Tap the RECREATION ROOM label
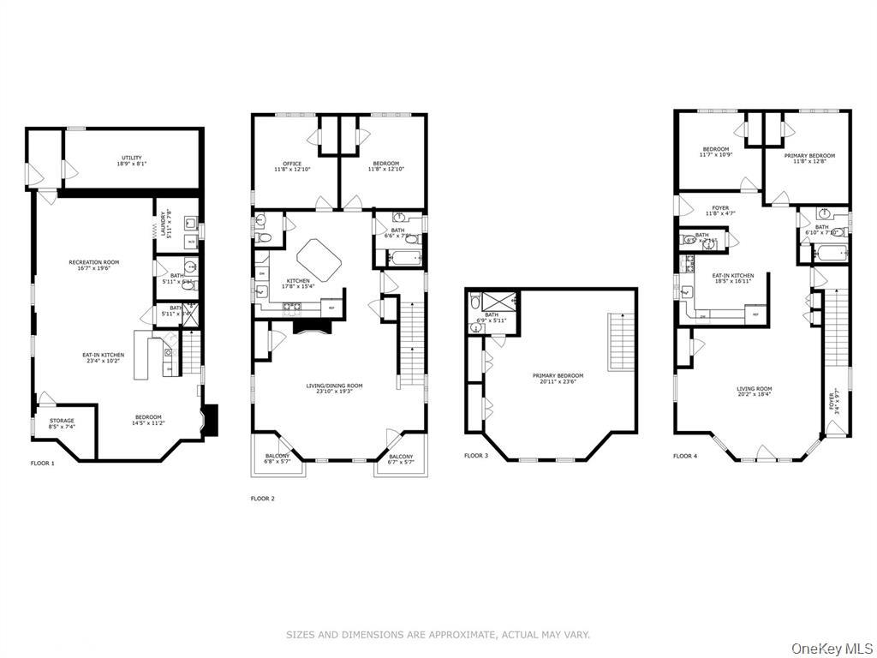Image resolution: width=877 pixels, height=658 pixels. [94, 265]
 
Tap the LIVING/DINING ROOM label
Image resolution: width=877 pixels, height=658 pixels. [334, 389]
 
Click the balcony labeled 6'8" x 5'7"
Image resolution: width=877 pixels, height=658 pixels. [277, 459]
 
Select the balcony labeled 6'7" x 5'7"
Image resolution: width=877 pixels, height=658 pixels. [399, 459]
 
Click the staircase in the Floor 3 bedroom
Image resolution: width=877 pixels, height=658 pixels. [622, 342]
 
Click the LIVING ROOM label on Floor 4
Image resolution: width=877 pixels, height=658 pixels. [754, 392]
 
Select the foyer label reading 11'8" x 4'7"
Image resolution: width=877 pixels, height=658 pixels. [719, 210]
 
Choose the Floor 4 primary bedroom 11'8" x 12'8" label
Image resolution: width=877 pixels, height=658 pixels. [809, 159]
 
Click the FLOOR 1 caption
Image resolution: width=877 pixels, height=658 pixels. [42, 463]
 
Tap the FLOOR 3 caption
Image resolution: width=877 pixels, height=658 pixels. [476, 456]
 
